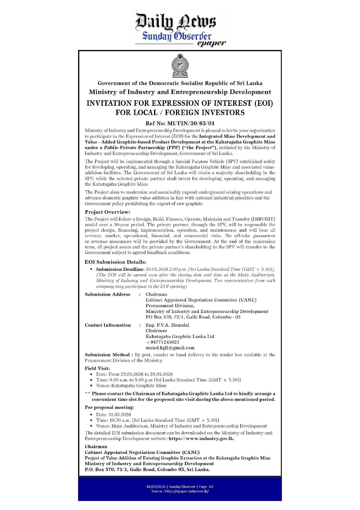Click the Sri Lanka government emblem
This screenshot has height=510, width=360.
click(x=180, y=65)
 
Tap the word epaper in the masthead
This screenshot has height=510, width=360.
click(x=211, y=43)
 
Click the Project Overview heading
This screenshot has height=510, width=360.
click(x=107, y=212)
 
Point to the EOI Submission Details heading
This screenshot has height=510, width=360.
click(x=115, y=262)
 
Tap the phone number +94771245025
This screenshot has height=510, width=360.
click(x=163, y=342)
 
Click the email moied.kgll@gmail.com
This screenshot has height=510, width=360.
click(x=170, y=348)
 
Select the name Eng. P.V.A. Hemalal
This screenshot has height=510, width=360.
click(x=167, y=325)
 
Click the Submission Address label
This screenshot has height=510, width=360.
click(x=107, y=294)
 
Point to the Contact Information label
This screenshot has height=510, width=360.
click(x=108, y=325)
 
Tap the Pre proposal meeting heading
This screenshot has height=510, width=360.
click(x=109, y=407)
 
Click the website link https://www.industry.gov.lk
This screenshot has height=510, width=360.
click(x=201, y=439)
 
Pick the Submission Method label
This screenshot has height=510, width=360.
click(x=107, y=355)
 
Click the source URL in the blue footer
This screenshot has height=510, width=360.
click(x=186, y=491)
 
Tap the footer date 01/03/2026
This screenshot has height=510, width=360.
click(x=156, y=487)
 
